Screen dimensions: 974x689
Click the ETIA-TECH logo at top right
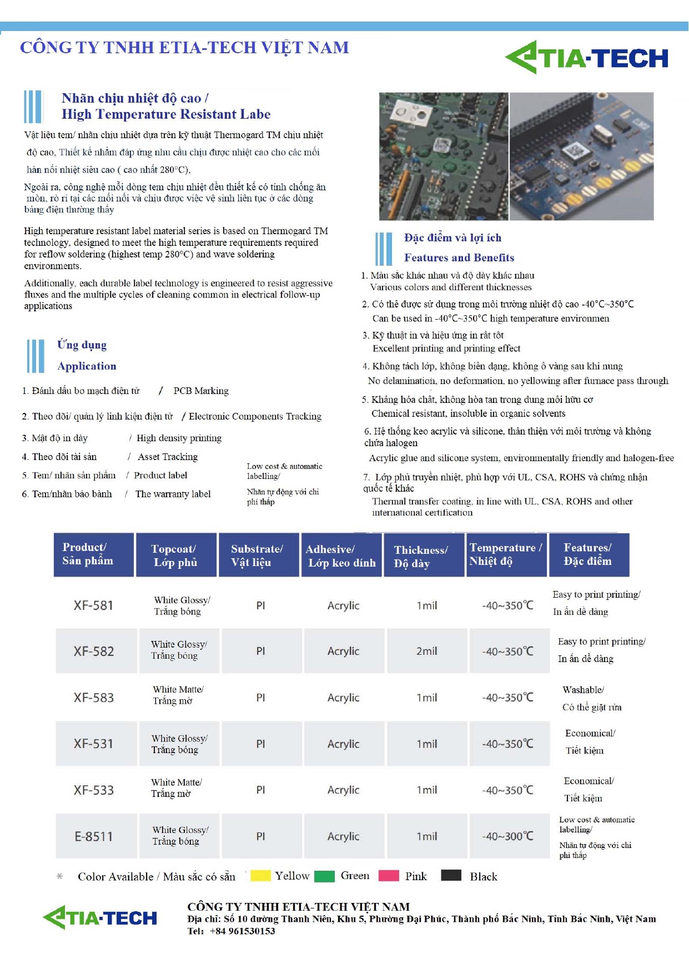point(587,58)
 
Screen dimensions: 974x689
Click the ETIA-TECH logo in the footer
point(100,917)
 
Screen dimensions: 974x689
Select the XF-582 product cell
point(94,651)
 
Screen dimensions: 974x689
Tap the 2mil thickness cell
point(426,651)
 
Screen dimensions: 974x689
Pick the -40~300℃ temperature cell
point(507,836)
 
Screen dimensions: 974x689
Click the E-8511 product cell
point(94,836)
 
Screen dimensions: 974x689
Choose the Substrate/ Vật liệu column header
point(257,555)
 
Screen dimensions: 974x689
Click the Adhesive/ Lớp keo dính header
point(341,556)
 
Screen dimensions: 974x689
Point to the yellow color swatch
point(260,876)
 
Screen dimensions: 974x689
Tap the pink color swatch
point(389,876)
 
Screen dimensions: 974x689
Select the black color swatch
point(451,875)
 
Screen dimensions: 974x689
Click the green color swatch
point(324,876)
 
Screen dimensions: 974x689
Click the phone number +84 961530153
point(242,931)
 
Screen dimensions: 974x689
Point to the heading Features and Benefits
point(459,258)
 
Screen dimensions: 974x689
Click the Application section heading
point(87,366)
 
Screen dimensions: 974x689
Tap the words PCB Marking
point(201,391)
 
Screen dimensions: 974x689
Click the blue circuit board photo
point(581,156)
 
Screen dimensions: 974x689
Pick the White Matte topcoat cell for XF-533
point(177,788)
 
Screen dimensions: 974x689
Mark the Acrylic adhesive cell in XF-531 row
point(343,744)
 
